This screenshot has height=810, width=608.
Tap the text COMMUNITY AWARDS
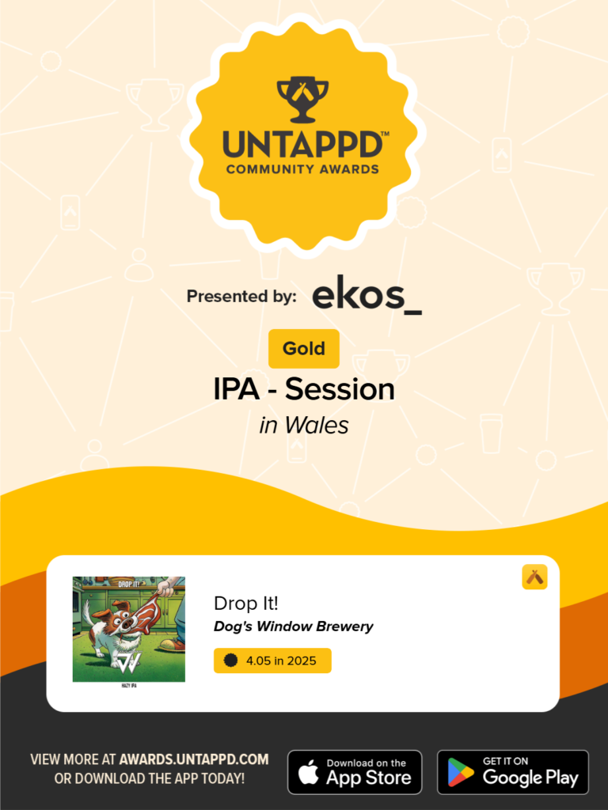coord(302,168)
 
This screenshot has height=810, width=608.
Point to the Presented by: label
coord(241,297)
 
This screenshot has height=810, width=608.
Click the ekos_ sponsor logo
coord(367,295)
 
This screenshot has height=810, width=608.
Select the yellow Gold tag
coord(304,349)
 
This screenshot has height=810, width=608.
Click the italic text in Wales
coord(304,425)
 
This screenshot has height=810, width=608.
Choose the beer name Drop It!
coord(246,603)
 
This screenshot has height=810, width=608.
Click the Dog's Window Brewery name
coord(293,626)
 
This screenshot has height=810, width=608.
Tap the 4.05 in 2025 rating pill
coord(272,660)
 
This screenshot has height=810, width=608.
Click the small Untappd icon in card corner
coord(535,577)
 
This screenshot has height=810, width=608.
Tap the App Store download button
coord(355,772)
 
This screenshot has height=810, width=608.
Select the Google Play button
coord(513,772)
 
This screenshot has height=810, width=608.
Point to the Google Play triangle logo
coord(461,773)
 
